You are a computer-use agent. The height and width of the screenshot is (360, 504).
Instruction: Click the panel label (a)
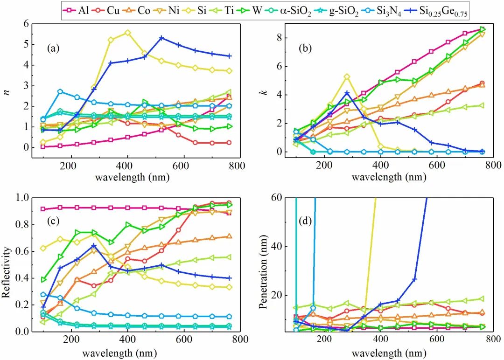(x=54, y=47)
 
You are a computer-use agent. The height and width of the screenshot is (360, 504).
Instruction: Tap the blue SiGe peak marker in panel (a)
(x=161, y=38)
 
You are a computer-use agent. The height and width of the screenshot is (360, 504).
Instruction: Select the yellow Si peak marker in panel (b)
(x=347, y=76)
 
